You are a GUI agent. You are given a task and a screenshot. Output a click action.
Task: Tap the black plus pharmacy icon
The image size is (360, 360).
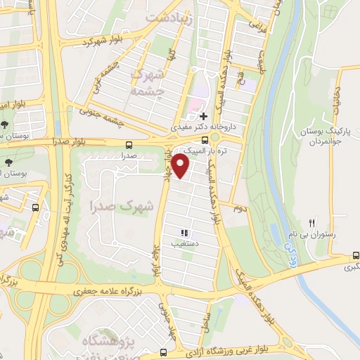click(x=203, y=116)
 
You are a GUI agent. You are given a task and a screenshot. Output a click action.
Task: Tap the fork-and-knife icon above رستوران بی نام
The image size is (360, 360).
click(x=314, y=221)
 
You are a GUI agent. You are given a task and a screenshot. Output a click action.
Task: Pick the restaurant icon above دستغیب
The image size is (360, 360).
click(x=185, y=233)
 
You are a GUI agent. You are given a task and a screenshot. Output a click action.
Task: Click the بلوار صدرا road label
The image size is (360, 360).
click(x=72, y=141)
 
